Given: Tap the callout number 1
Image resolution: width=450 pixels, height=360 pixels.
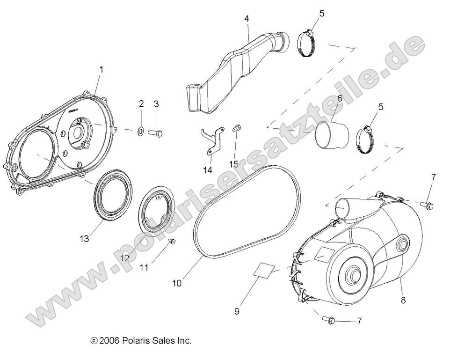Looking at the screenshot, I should (101, 69).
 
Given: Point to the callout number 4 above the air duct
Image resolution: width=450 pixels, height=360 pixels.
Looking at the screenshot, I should (246, 19).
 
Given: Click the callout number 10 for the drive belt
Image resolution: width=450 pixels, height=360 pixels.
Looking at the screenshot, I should (176, 283).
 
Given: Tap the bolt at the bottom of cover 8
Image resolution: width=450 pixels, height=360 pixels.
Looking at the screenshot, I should (329, 320).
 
